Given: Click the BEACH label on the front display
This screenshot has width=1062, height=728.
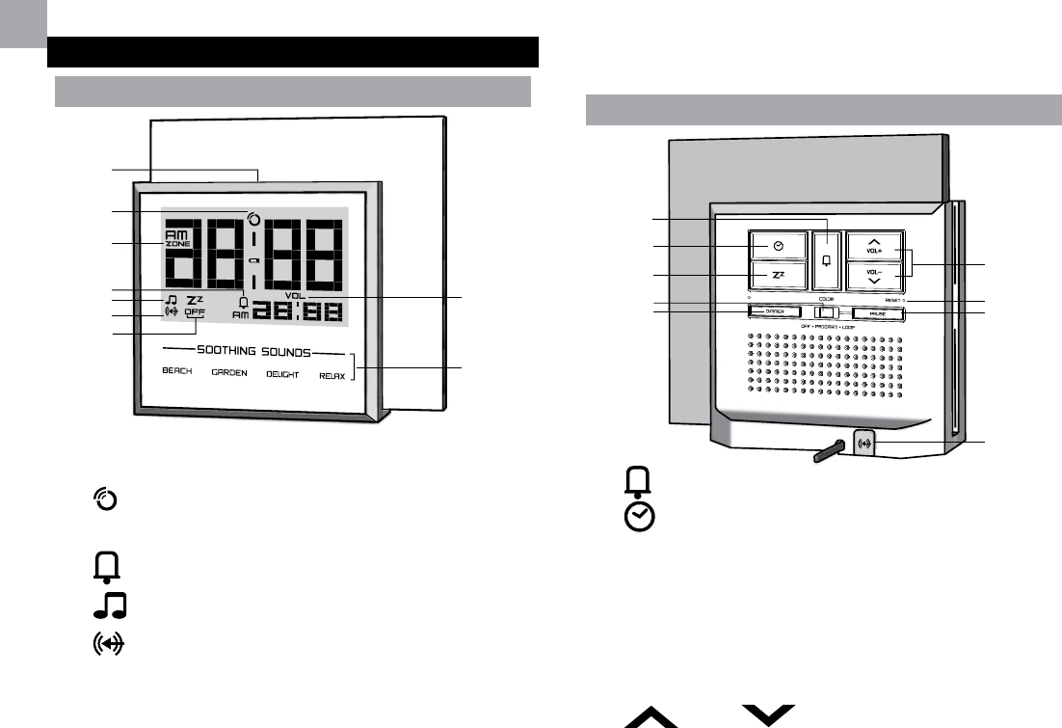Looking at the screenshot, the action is (x=177, y=372).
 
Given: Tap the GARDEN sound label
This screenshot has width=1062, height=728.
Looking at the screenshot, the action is (x=229, y=372).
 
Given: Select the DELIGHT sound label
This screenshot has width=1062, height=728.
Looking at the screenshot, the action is (x=283, y=373).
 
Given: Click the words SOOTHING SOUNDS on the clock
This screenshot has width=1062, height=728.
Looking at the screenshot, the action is (x=254, y=352).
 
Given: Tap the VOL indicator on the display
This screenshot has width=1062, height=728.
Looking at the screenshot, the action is (x=295, y=296).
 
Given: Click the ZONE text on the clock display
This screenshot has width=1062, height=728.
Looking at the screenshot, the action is (x=176, y=244).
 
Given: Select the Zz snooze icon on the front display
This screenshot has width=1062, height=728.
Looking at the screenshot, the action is (x=195, y=299).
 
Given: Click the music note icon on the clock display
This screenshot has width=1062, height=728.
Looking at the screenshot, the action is (x=171, y=299).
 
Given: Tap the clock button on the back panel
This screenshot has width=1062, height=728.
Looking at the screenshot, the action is (x=779, y=246).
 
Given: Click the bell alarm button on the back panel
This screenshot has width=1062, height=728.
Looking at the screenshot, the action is (x=826, y=261).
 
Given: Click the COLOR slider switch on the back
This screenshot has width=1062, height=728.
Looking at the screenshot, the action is (x=822, y=312).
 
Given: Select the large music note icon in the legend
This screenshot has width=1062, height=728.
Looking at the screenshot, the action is (x=111, y=607).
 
